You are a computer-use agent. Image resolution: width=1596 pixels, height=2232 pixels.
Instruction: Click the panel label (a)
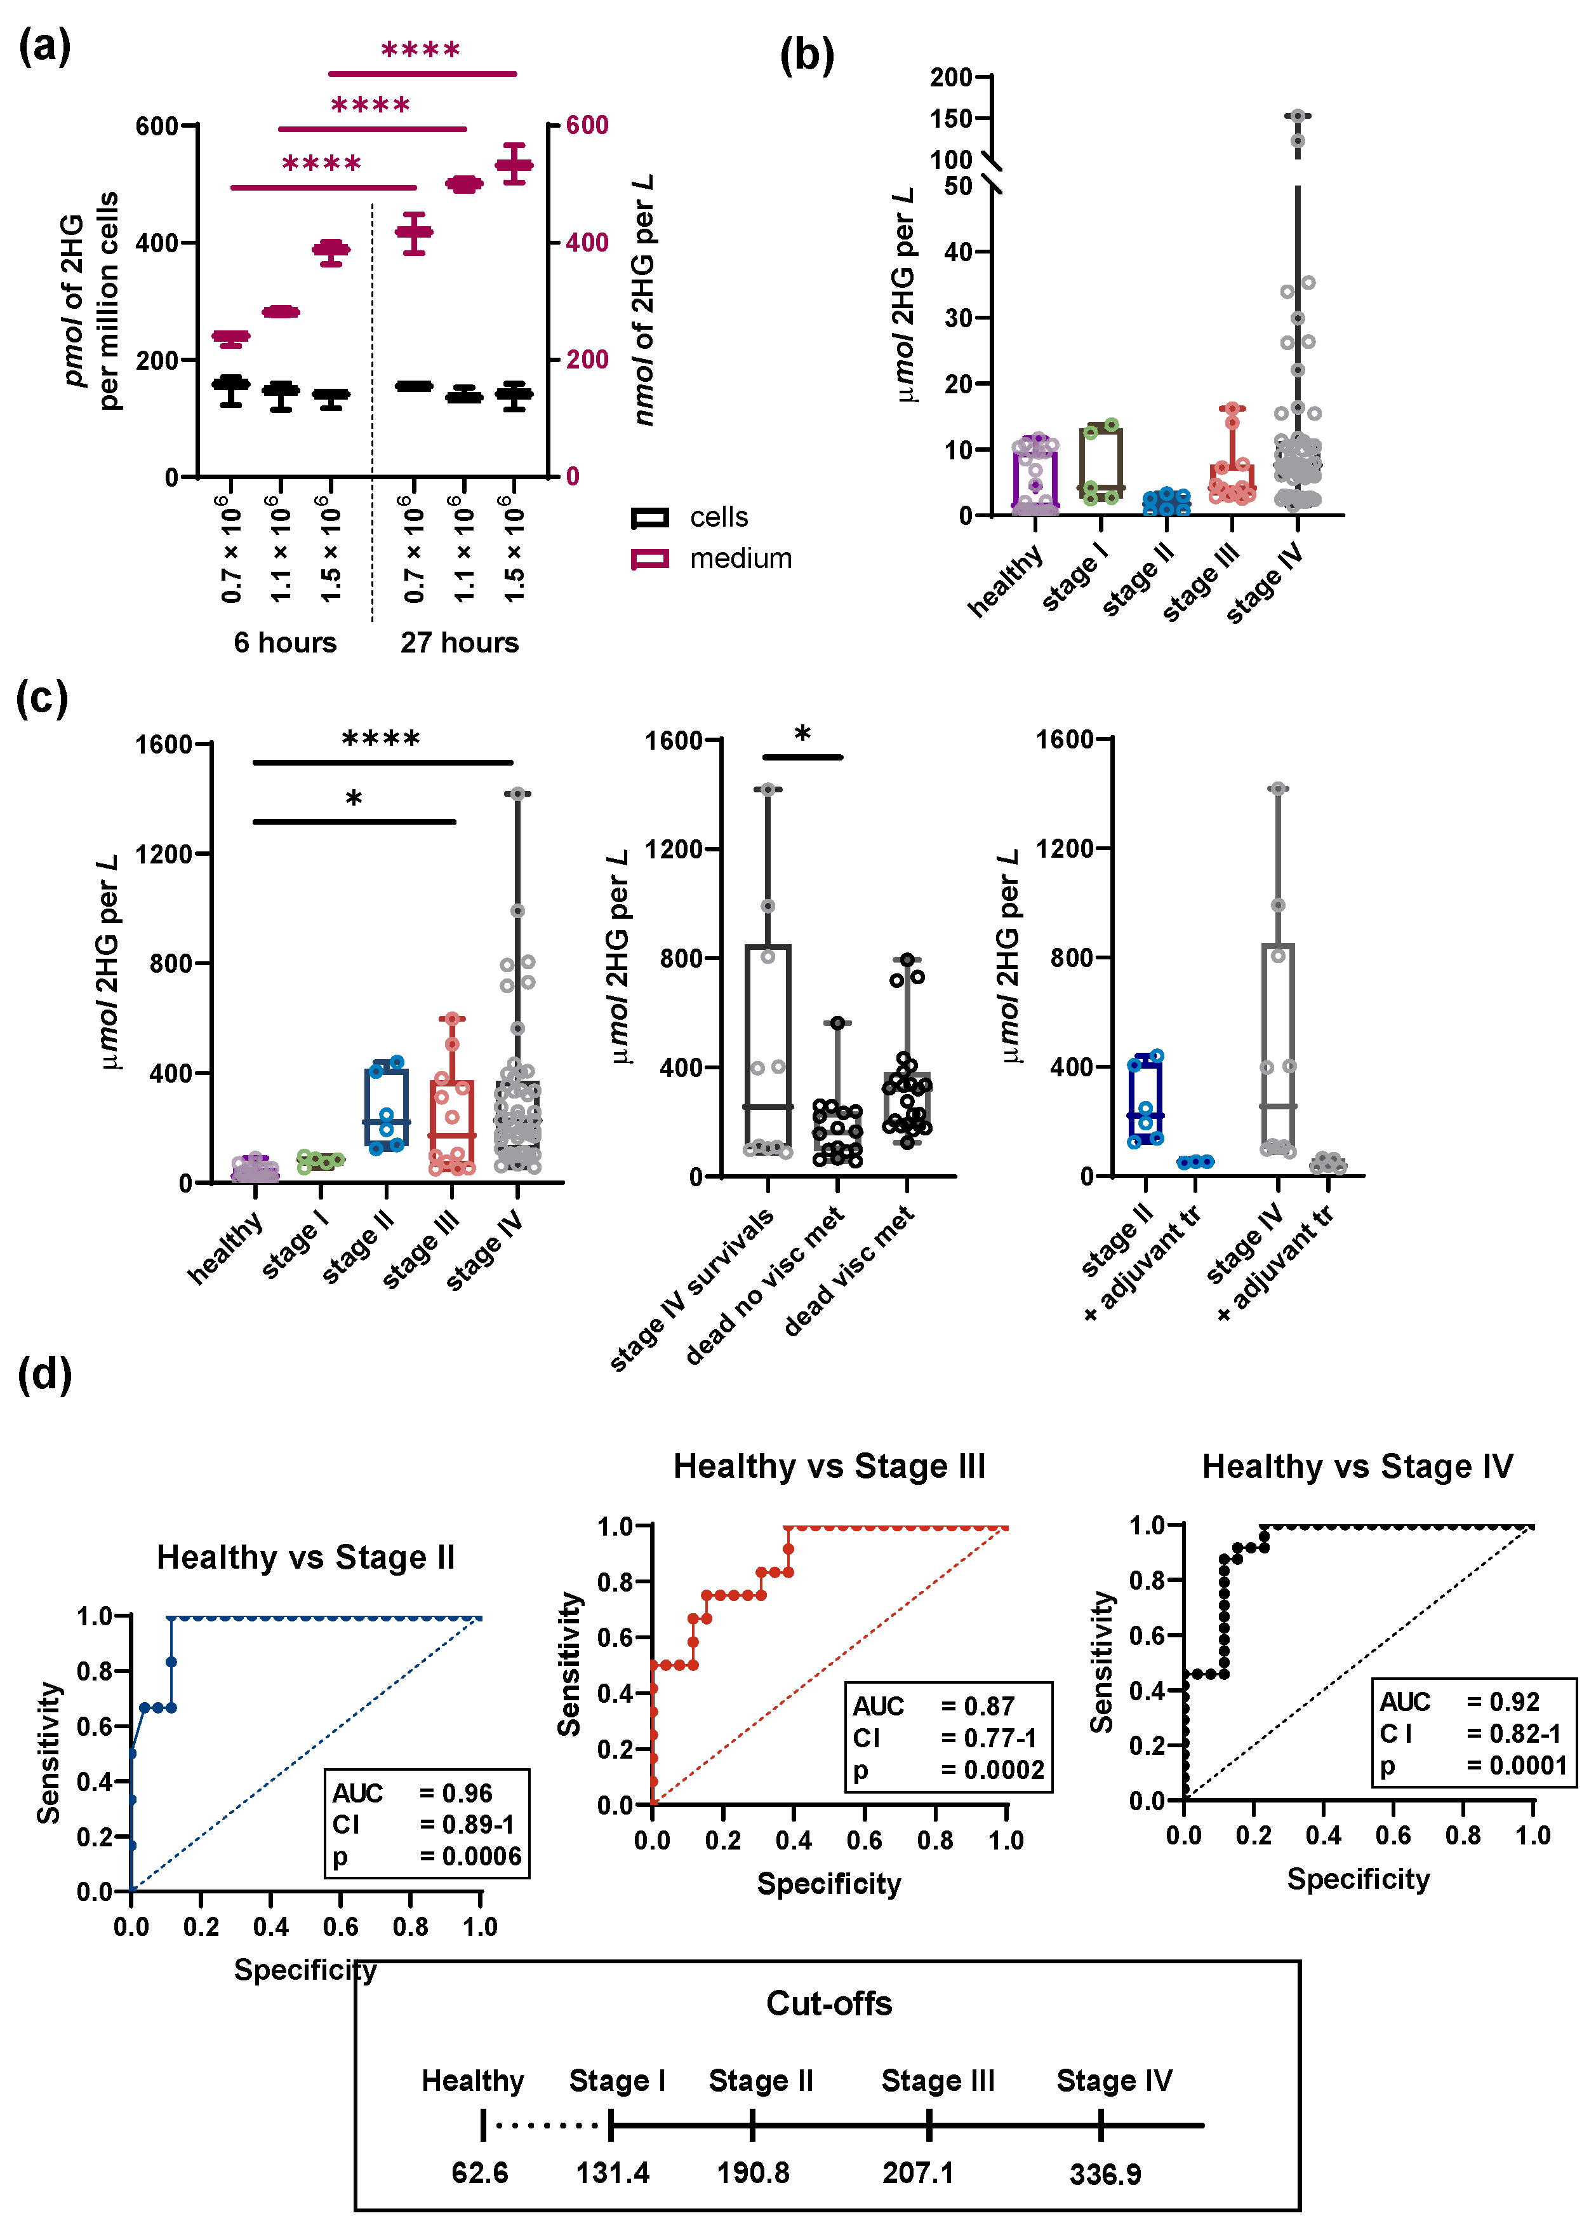[x=44, y=46]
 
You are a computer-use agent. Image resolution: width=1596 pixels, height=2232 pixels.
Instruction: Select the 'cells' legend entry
[x=717, y=517]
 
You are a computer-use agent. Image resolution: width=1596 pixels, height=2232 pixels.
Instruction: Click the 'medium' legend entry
[x=739, y=558]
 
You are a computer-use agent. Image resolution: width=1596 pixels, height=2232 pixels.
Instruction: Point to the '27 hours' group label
[x=459, y=642]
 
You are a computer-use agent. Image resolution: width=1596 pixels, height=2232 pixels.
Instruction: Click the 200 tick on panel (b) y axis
[x=950, y=77]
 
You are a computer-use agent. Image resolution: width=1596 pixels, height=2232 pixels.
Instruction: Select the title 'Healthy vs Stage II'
[x=305, y=1557]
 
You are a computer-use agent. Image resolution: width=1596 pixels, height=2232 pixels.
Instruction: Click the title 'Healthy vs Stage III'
[x=828, y=1466]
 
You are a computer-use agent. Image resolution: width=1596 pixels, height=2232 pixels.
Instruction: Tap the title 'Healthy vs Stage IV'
[x=1357, y=1466]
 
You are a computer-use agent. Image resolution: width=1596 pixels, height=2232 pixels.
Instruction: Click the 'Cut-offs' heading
[x=828, y=2003]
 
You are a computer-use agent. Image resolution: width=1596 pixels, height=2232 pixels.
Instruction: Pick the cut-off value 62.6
[x=479, y=2173]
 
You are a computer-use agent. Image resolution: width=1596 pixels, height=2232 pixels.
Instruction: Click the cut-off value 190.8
[x=753, y=2173]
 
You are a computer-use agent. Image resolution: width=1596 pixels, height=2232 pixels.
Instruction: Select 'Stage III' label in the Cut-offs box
[x=938, y=2081]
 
